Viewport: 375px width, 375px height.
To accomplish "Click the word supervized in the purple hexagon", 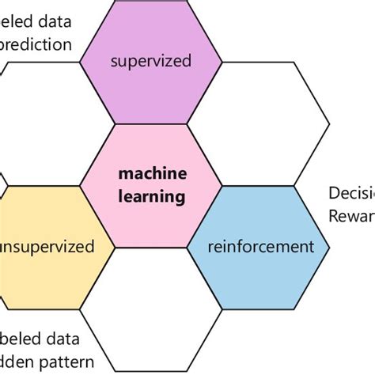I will [x=150, y=61].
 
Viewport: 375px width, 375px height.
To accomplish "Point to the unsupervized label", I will [x=47, y=246].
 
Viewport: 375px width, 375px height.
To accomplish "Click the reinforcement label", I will [x=259, y=246].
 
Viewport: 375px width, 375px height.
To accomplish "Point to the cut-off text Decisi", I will [x=351, y=194].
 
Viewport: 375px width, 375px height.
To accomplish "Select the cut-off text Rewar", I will [x=351, y=216].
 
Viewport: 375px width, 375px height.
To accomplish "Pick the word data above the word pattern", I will [x=61, y=339].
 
